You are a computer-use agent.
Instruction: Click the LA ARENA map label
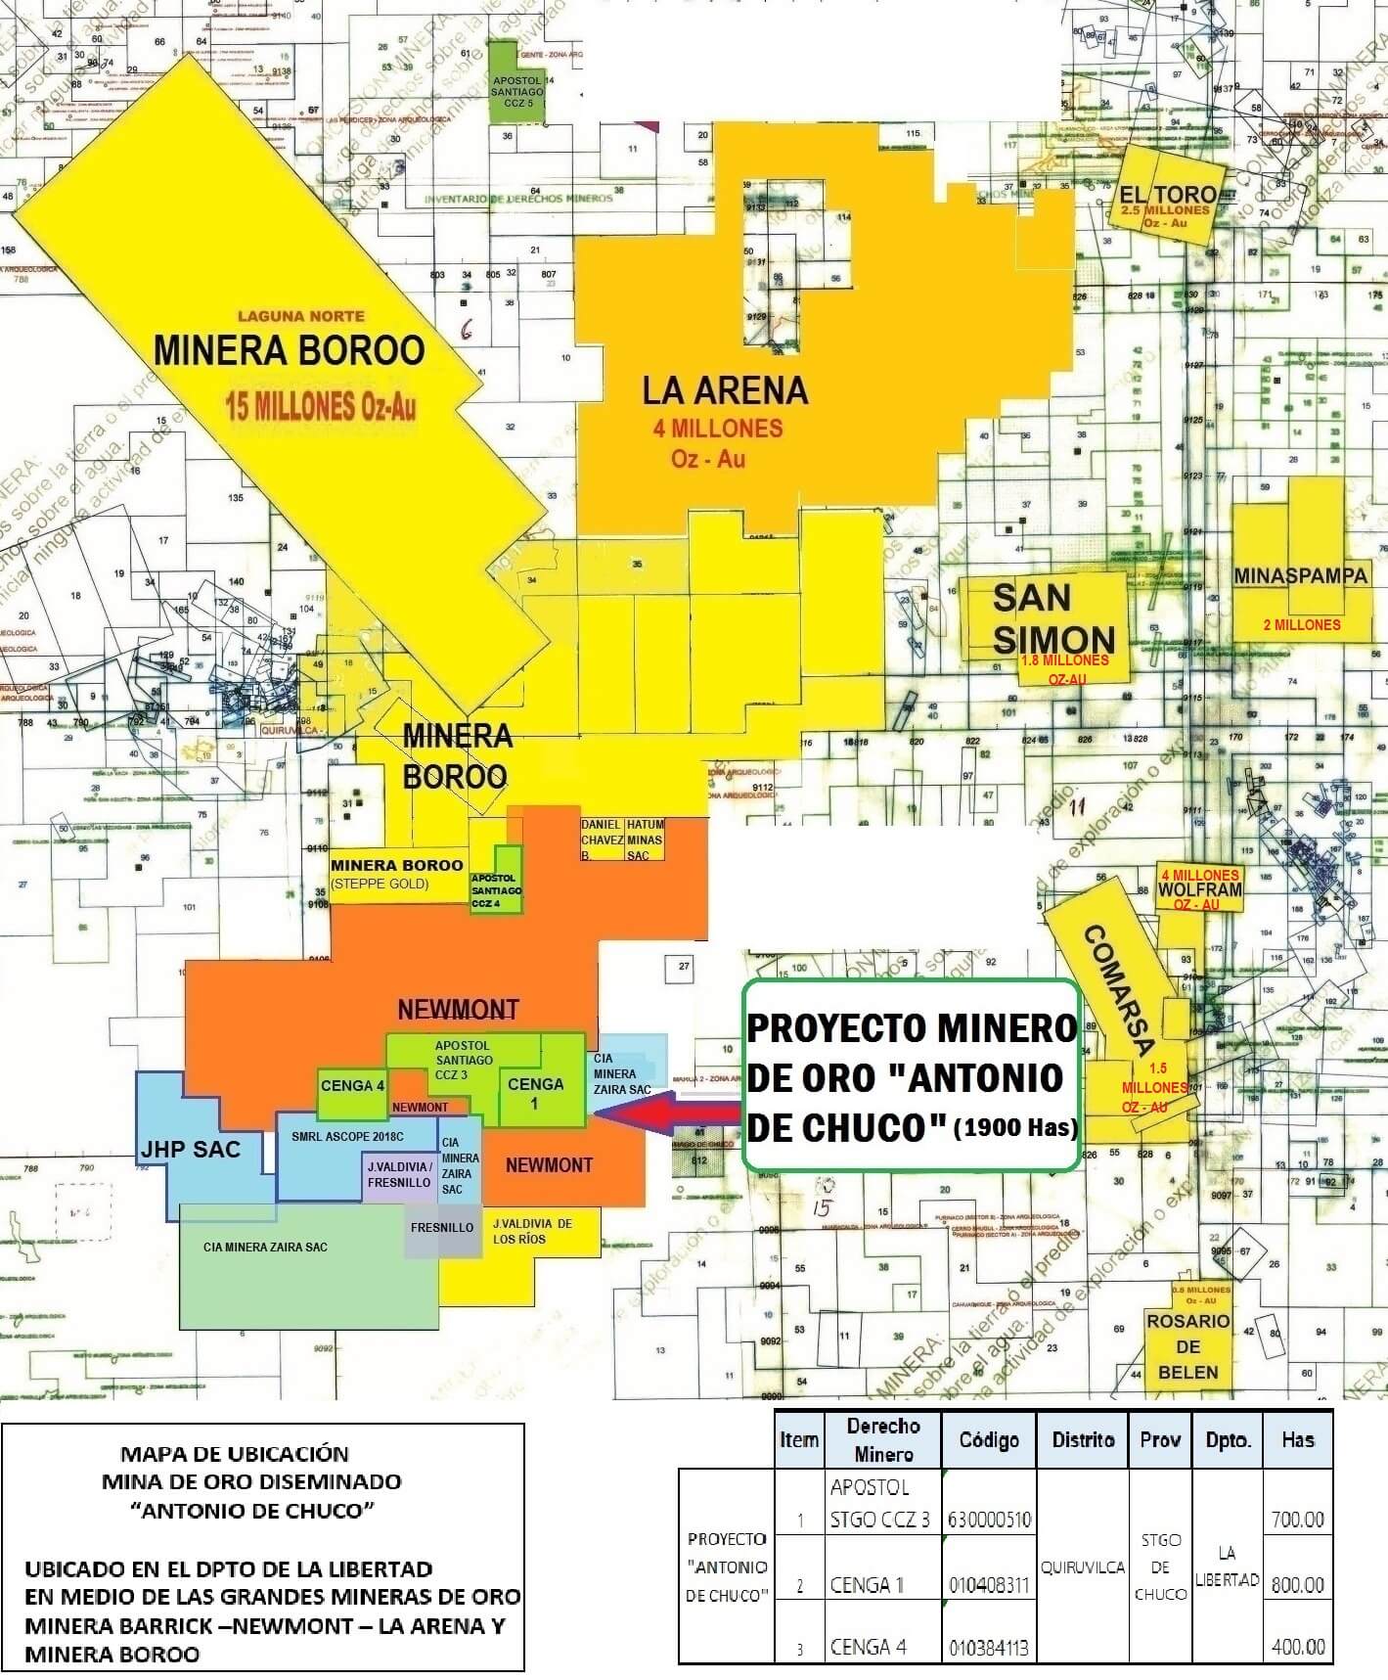[725, 390]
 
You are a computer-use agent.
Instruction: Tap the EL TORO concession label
[1167, 195]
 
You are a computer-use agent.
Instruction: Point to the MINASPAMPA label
[1300, 576]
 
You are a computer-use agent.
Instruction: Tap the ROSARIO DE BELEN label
[1187, 1346]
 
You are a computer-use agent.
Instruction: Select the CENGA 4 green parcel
[353, 1085]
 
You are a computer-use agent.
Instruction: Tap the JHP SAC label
[191, 1149]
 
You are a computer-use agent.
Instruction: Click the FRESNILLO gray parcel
[442, 1228]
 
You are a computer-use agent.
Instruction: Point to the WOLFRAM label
[1199, 890]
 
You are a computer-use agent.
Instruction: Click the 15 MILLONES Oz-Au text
[320, 405]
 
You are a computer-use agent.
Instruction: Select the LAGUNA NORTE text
[301, 316]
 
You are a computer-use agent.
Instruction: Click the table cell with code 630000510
[989, 1521]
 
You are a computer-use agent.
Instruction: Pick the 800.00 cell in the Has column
[1297, 1585]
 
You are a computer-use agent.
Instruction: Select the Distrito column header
[1083, 1439]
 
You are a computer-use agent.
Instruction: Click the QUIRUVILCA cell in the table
[1083, 1566]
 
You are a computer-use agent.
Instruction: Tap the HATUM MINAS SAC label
[645, 840]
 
